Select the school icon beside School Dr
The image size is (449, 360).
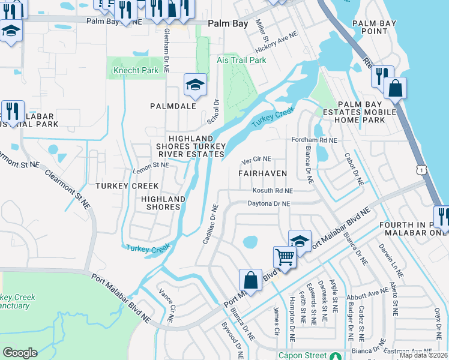click(x=195, y=85)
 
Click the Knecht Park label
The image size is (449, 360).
click(x=136, y=70)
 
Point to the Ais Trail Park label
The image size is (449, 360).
click(x=241, y=61)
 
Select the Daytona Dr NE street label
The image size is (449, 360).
click(x=269, y=204)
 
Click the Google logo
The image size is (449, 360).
click(x=20, y=352)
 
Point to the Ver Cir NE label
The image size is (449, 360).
click(x=256, y=160)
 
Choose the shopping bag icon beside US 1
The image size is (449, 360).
click(x=395, y=89)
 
